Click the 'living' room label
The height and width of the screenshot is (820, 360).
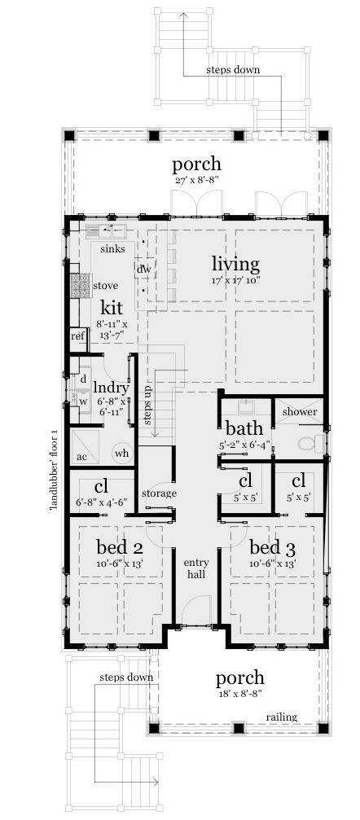pos(235,264)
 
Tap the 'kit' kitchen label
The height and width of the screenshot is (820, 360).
pos(112,308)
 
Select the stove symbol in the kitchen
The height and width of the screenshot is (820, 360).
pos(80,285)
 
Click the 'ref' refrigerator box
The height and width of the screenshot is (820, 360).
pos(77,335)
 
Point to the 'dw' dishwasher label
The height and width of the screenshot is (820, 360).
pos(143,269)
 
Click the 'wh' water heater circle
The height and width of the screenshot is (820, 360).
pos(121,453)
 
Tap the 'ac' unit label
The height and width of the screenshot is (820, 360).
pos(81,457)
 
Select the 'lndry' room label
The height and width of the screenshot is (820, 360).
pos(110,388)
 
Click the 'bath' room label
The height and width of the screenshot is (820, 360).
pos(244,429)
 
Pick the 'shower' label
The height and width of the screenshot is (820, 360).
pos(299,412)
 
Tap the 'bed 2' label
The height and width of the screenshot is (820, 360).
pos(120,546)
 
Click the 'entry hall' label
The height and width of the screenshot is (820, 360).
pos(195,568)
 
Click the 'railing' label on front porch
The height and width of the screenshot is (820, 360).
pos(281,717)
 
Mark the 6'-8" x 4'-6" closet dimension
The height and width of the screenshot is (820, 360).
pos(102,502)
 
